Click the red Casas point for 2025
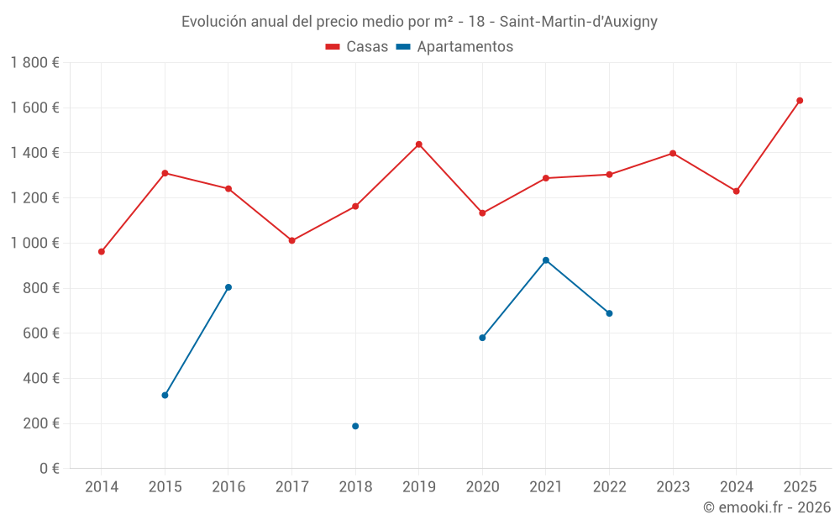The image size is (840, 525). click(800, 101)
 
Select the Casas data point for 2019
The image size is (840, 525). click(419, 144)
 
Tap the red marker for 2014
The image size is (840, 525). click(102, 251)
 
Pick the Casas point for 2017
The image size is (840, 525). click(292, 240)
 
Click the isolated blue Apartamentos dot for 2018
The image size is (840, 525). click(355, 426)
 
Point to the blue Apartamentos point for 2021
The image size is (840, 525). click(546, 260)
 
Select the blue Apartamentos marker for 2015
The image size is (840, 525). click(165, 395)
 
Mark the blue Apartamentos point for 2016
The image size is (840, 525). click(228, 287)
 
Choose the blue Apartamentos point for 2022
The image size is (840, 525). click(609, 313)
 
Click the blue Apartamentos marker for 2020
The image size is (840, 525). click(482, 338)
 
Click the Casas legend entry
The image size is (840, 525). click(357, 47)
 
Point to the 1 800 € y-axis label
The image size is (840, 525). click(34, 63)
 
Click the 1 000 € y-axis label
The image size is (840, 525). click(34, 243)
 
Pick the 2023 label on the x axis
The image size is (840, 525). click(673, 487)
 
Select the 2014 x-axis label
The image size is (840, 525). click(102, 487)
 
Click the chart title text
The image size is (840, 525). click(419, 22)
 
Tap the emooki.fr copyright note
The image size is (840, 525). click(766, 507)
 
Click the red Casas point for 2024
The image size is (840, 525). click(736, 191)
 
